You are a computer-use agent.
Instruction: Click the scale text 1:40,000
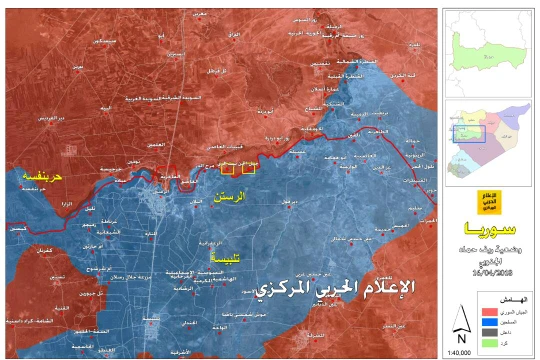click(x=461, y=349)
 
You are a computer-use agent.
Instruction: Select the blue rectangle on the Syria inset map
click(x=467, y=131)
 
